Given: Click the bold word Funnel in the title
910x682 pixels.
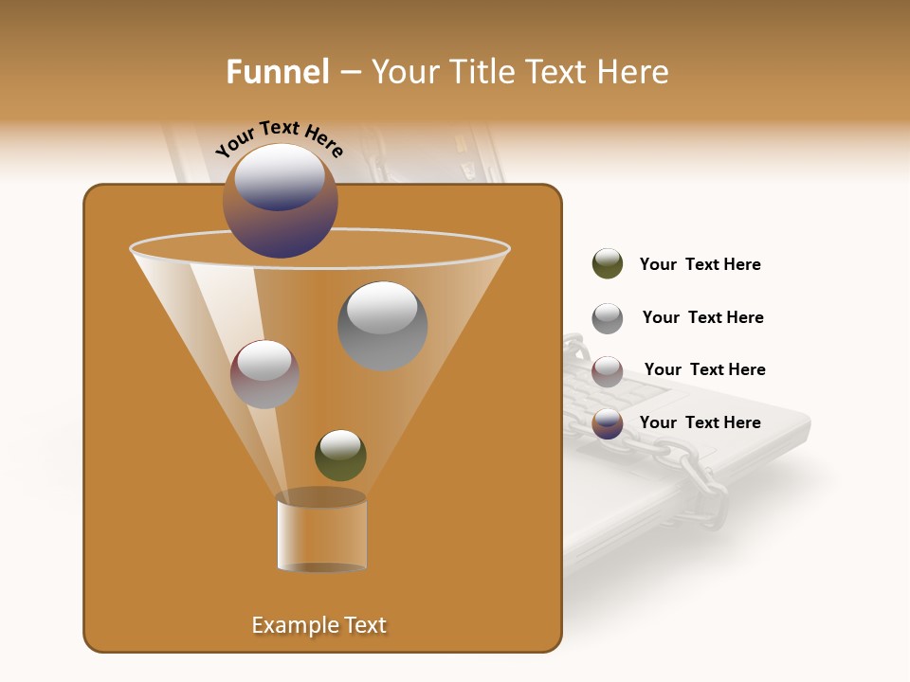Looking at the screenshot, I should pos(277,72).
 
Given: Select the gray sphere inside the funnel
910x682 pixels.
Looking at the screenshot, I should pos(382,326).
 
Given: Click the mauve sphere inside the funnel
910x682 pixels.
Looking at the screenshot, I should pos(264,374).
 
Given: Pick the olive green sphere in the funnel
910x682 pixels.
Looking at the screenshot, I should pos(340,456).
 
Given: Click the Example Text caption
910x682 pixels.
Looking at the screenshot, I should pos(318,625).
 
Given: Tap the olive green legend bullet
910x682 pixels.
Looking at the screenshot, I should pos(608,264).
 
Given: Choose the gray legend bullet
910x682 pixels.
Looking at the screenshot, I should pos(608,318).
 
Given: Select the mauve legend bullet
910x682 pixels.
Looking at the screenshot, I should pos(608,371).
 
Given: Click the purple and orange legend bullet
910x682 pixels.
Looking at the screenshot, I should pos(608,424).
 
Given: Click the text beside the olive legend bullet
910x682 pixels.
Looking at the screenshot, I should pos(700,264).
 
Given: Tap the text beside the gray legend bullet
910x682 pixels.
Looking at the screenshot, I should pos(702,317).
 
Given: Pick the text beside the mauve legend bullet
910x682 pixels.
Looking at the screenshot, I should pos(704,369).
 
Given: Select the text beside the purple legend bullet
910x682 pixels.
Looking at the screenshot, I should pos(700,422).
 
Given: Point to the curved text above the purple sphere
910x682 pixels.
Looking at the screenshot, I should pos(279,138).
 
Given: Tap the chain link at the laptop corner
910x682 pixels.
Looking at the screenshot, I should pos(706,488).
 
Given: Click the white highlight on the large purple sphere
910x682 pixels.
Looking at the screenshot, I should pos(279,174).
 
